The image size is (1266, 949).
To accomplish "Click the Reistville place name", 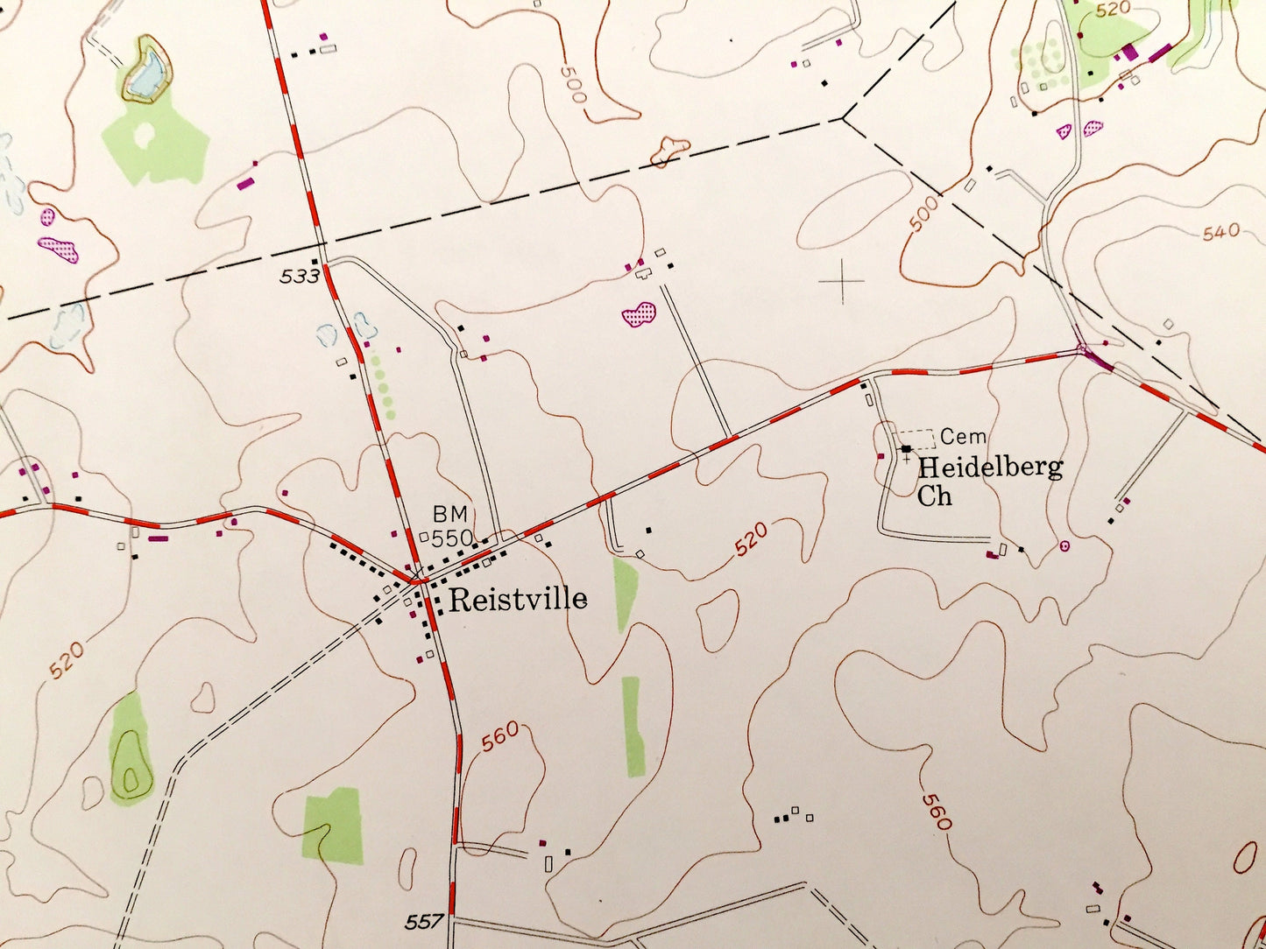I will pyautogui.click(x=517, y=600).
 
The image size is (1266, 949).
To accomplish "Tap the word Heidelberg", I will pyautogui.click(x=990, y=467).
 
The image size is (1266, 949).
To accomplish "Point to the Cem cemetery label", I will pyautogui.click(x=963, y=436).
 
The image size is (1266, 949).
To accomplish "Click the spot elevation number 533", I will pyautogui.click(x=300, y=277).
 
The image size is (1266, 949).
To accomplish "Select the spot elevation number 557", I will pyautogui.click(x=424, y=922).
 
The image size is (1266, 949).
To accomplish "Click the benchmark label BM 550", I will pyautogui.click(x=453, y=525).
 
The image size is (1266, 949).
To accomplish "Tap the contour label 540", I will pyautogui.click(x=1220, y=232).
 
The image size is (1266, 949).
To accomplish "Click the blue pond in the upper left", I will pyautogui.click(x=145, y=73).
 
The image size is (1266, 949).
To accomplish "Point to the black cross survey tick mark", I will pyautogui.click(x=842, y=281).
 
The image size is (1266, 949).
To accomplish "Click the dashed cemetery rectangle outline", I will pyautogui.click(x=914, y=439).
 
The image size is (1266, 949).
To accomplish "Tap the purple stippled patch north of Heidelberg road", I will pyautogui.click(x=639, y=313).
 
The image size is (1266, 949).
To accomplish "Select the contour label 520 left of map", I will pyautogui.click(x=67, y=660).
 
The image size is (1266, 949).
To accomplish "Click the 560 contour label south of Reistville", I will pyautogui.click(x=500, y=736).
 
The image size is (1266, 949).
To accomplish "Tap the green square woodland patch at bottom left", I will pyautogui.click(x=333, y=826).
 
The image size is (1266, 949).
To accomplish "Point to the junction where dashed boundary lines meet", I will pyautogui.click(x=843, y=117).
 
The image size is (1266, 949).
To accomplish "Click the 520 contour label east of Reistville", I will pyautogui.click(x=751, y=539).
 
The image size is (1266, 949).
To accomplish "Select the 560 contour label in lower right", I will pyautogui.click(x=936, y=812).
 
